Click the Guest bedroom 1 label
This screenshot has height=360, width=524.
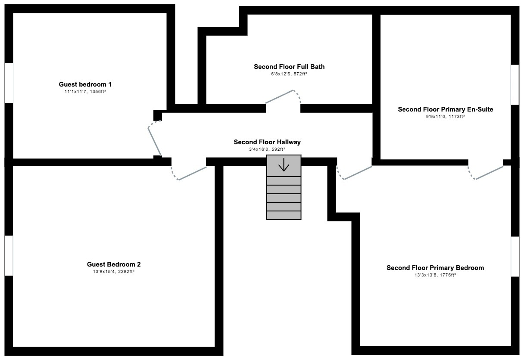pyautogui.click(x=85, y=84)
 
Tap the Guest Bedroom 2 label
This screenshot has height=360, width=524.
pyautogui.click(x=114, y=264)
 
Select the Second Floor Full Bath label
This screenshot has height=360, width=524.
pyautogui.click(x=289, y=67)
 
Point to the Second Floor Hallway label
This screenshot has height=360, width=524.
pyautogui.click(x=267, y=142)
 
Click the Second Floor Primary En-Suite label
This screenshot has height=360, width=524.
pyautogui.click(x=446, y=109)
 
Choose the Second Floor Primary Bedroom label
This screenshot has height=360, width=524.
pyautogui.click(x=435, y=268)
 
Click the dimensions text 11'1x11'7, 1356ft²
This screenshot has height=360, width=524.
pyautogui.click(x=85, y=91)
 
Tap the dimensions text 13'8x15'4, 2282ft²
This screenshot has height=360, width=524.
pyautogui.click(x=114, y=271)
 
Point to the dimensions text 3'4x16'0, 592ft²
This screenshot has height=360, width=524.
pyautogui.click(x=267, y=149)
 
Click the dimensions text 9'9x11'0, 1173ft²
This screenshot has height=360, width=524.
pyautogui.click(x=445, y=116)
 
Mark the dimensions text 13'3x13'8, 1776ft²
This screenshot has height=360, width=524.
pyautogui.click(x=435, y=275)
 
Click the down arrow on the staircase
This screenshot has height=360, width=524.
pyautogui.click(x=284, y=164)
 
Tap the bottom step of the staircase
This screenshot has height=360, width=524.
pyautogui.click(x=284, y=215)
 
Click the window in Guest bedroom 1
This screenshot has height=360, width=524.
pyautogui.click(x=9, y=83)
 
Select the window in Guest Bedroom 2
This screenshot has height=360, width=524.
pyautogui.click(x=9, y=255)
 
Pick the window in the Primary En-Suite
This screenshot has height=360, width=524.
pyautogui.click(x=515, y=85)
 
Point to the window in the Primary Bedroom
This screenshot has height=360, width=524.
pyautogui.click(x=515, y=257)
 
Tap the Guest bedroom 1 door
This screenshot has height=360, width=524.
pyautogui.click(x=155, y=142)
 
